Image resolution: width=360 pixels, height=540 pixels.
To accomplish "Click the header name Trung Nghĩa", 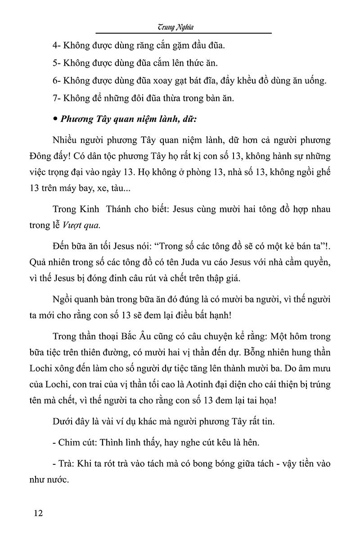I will pos(183,27).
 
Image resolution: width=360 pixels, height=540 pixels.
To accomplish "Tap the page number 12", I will pos(38,513).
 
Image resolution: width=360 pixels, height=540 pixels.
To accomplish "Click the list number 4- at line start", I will pos(56,45).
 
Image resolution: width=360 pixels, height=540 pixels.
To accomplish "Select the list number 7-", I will pos(56,99).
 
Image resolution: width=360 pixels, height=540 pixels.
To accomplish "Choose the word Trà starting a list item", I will pos(65,463).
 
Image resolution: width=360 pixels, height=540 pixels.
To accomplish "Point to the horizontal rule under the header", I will pos(183,33).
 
